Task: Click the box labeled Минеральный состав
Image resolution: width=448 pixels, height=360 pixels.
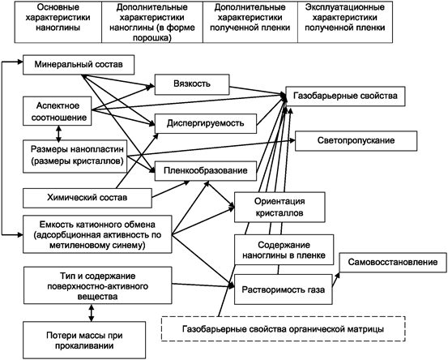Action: pyautogui.click(x=79, y=65)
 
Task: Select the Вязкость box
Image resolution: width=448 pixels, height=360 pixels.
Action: pyautogui.click(x=192, y=84)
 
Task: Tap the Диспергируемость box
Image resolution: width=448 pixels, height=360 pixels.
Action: pyautogui.click(x=206, y=123)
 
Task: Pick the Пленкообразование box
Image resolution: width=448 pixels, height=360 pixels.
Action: pyautogui.click(x=206, y=171)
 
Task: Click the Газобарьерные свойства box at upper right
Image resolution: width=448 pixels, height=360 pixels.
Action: pyautogui.click(x=345, y=96)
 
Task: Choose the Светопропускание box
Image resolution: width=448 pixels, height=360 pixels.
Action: pyautogui.click(x=356, y=141)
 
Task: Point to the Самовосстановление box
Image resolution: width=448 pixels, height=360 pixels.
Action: pyautogui.click(x=393, y=262)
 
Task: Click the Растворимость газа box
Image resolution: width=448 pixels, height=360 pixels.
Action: pyautogui.click(x=284, y=289)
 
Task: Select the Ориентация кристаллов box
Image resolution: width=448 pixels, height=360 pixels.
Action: pyautogui.click(x=279, y=208)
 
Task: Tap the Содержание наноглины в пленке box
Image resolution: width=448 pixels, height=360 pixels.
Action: pyautogui.click(x=284, y=250)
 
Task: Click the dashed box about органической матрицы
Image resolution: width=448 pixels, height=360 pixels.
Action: pyautogui.click(x=284, y=329)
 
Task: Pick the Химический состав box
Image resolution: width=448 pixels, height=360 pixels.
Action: pyautogui.click(x=87, y=198)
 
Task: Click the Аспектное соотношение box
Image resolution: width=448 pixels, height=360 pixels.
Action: pyautogui.click(x=58, y=111)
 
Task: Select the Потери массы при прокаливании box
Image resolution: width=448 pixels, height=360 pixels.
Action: pyautogui.click(x=84, y=341)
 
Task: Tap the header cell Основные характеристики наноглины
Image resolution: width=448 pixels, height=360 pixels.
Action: pyautogui.click(x=58, y=22)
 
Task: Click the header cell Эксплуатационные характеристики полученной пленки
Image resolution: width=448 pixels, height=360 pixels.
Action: pyautogui.click(x=345, y=22)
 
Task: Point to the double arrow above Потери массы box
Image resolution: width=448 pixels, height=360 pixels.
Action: pyautogui.click(x=92, y=313)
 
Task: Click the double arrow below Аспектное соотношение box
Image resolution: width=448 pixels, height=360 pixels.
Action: pyautogui.click(x=58, y=133)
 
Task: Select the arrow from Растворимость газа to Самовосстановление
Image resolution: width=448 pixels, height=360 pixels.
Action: pyautogui.click(x=335, y=280)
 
